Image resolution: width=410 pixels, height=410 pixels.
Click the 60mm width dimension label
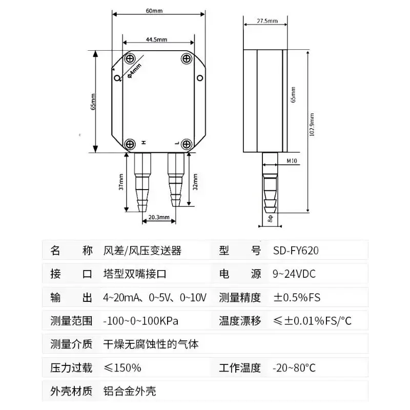(154, 11)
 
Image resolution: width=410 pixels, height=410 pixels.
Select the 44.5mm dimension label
(156, 39)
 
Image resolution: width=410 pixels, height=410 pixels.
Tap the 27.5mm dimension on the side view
(267, 20)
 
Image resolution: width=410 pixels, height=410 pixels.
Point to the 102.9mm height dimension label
(312, 125)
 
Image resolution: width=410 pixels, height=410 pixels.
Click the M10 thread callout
(292, 161)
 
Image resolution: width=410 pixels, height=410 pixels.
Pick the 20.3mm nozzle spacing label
(159, 217)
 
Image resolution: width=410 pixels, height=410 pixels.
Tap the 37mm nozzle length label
(121, 182)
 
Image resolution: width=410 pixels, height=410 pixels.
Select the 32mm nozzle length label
(195, 182)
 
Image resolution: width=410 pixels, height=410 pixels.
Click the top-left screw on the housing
(130, 58)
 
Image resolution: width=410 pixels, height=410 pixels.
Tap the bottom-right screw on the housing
(187, 144)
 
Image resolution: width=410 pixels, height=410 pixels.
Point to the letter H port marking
(143, 142)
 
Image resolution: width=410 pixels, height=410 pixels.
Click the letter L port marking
(177, 143)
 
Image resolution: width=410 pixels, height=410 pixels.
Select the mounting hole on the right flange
(200, 78)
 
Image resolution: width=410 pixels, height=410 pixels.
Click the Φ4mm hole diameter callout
(134, 71)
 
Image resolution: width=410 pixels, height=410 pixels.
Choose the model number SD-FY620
(296, 251)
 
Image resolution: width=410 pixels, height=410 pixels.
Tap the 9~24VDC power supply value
(294, 274)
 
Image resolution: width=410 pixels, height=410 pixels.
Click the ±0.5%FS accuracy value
(297, 297)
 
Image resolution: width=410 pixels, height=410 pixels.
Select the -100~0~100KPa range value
(140, 321)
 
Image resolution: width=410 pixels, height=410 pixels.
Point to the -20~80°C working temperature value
(294, 368)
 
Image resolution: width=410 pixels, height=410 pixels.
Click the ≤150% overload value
(122, 368)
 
